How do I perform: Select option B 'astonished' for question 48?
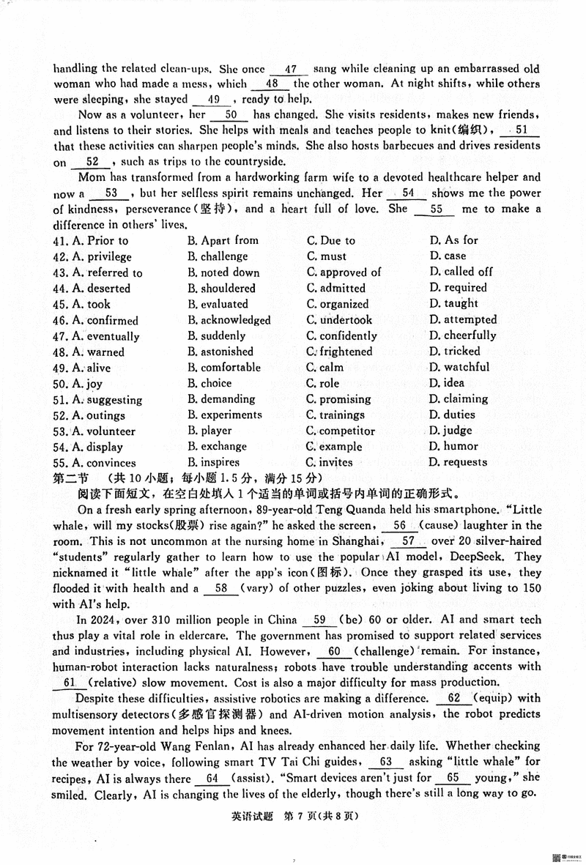tap(219, 352)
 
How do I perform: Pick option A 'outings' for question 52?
tap(98, 415)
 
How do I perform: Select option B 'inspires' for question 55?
tap(213, 463)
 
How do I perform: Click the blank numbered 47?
tap(290, 70)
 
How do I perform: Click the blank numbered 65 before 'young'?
tap(453, 779)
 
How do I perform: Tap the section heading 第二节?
tap(70, 478)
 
